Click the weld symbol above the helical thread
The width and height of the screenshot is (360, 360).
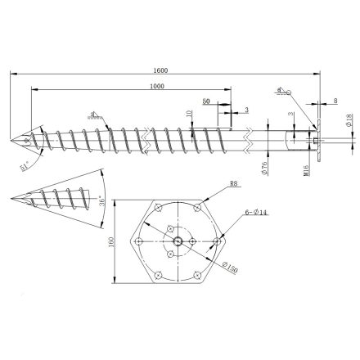point(97,114)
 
